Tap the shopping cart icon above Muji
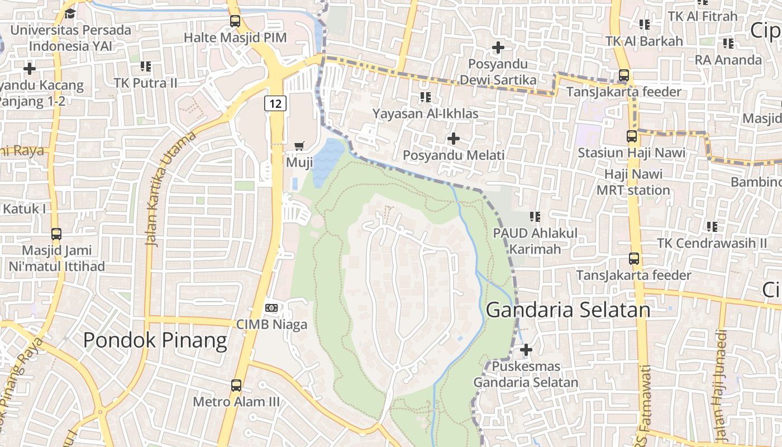click(x=299, y=146)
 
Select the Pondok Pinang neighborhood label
click(x=155, y=340)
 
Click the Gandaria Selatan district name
click(x=568, y=310)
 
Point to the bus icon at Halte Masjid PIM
click(x=235, y=21)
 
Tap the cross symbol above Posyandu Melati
click(x=454, y=138)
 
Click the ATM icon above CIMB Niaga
click(x=271, y=308)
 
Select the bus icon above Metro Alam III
click(x=236, y=385)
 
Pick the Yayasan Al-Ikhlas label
click(x=426, y=114)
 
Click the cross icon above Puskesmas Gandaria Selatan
click(x=526, y=350)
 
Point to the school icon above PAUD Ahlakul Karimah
click(x=535, y=216)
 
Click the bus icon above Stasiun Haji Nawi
click(x=632, y=136)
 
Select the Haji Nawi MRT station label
click(x=633, y=182)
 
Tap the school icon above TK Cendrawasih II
click(x=712, y=226)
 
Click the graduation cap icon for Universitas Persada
click(x=70, y=13)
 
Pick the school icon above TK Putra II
click(x=146, y=66)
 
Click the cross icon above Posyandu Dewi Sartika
click(x=498, y=47)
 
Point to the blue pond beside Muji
click(x=328, y=161)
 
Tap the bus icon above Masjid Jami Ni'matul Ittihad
click(x=56, y=234)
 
